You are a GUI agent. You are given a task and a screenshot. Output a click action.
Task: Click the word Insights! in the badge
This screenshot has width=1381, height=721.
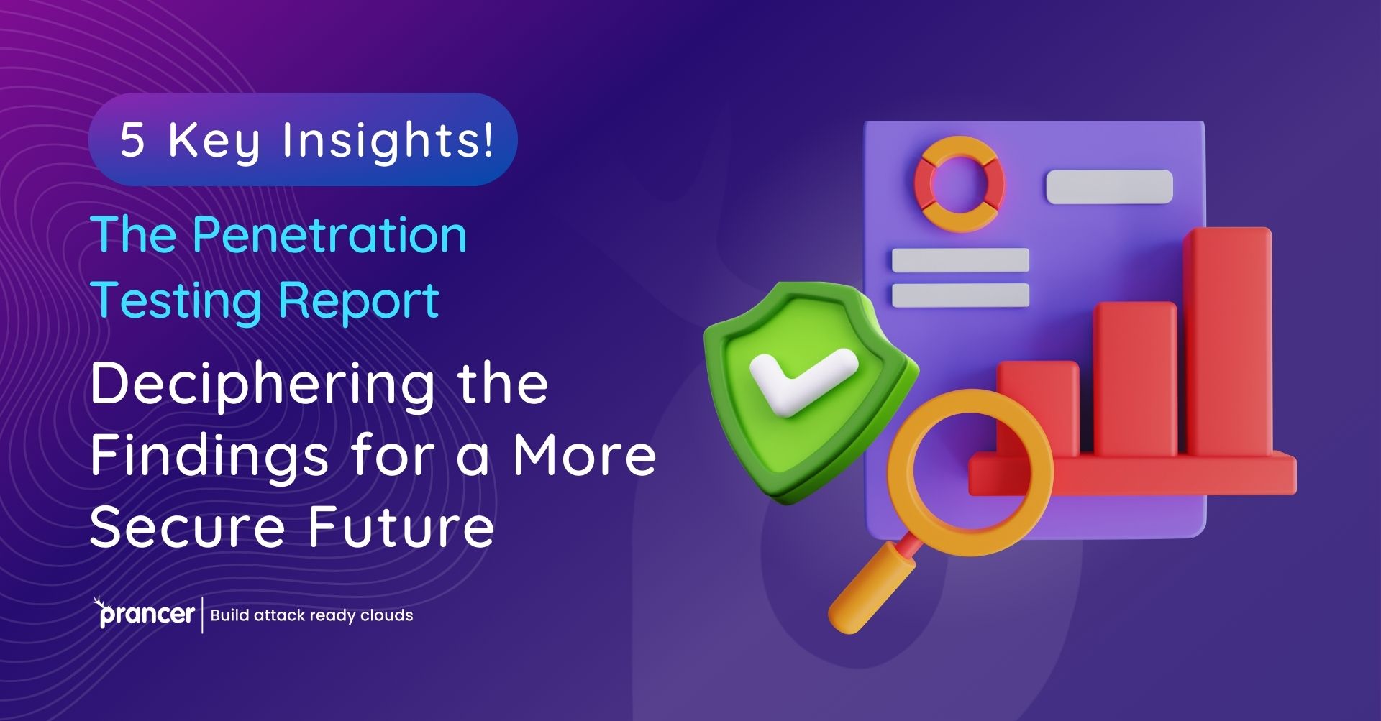[388, 140]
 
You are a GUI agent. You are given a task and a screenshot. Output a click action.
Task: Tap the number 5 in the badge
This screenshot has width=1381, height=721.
[132, 139]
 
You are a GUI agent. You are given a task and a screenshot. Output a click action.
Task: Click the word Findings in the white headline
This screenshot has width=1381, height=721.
[209, 457]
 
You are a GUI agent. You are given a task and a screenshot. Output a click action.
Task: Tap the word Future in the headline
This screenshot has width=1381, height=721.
[401, 526]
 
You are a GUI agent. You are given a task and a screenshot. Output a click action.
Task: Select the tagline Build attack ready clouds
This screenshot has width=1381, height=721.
[311, 615]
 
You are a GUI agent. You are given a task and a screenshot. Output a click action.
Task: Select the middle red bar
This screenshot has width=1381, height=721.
[1135, 380]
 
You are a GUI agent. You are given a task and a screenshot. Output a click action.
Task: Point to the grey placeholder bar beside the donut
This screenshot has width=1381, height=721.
[1109, 187]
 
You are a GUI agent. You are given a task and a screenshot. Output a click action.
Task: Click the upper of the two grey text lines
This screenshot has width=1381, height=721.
[960, 260]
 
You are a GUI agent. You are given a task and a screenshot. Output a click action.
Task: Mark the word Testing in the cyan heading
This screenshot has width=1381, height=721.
[176, 301]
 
